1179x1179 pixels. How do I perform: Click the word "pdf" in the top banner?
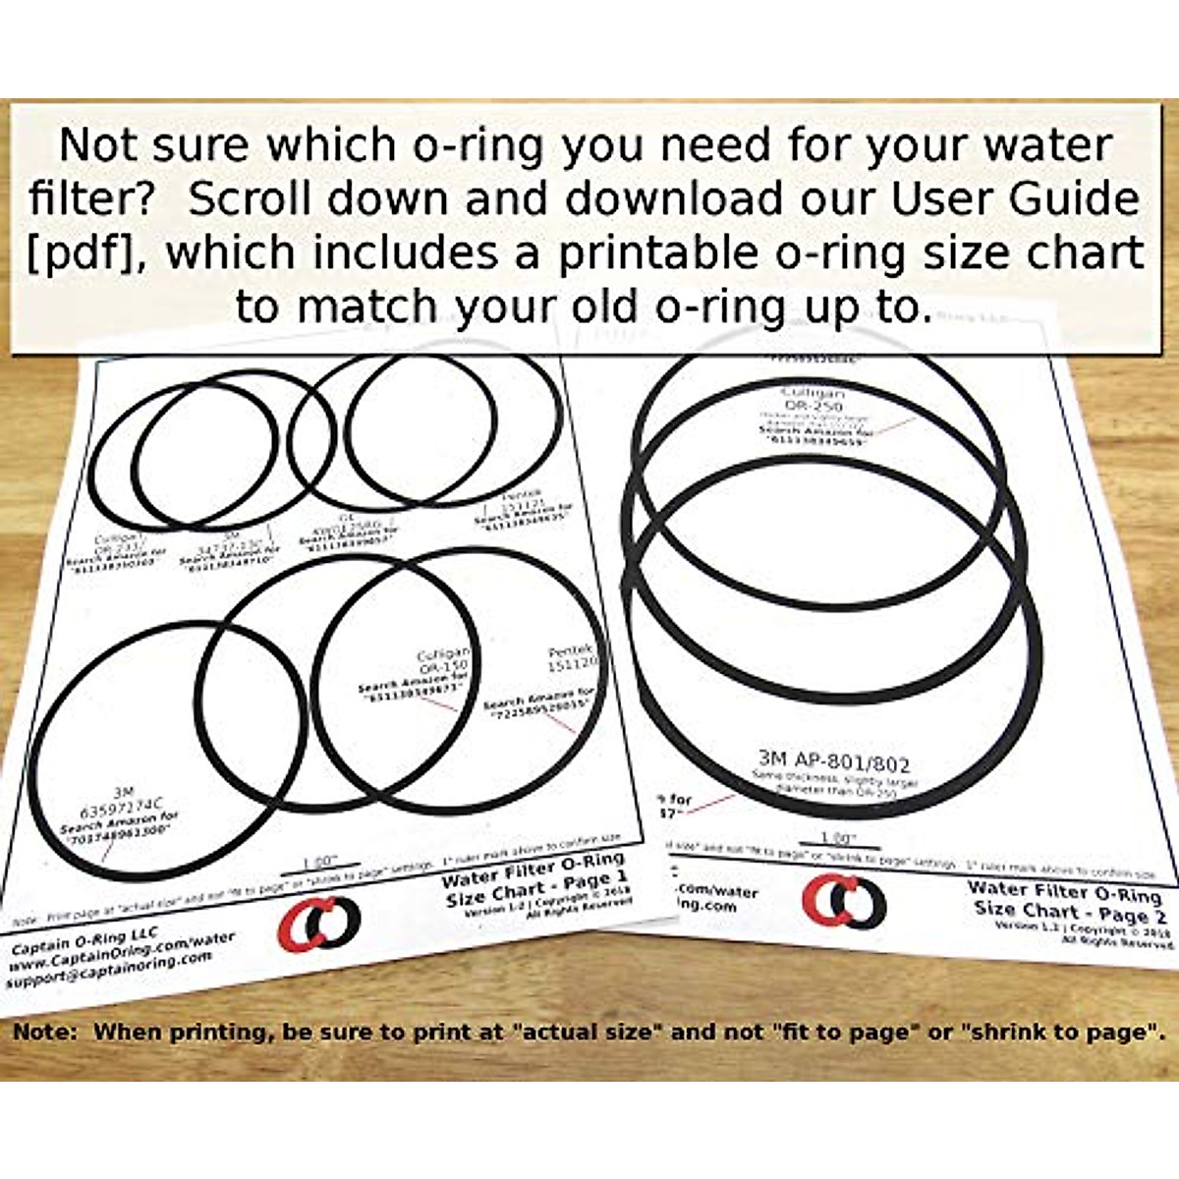pyautogui.click(x=83, y=253)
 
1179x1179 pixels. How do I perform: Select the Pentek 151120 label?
pyautogui.click(x=571, y=658)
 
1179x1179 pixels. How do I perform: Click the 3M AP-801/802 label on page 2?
pyautogui.click(x=834, y=761)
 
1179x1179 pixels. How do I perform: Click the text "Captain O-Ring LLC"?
pyautogui.click(x=84, y=940)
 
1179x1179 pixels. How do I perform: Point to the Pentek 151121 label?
pyautogui.click(x=522, y=504)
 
